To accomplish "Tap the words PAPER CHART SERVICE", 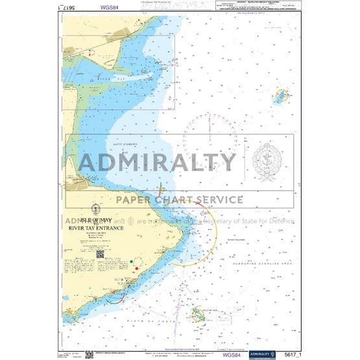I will point(180,200).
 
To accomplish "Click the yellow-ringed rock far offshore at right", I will point(283,96).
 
